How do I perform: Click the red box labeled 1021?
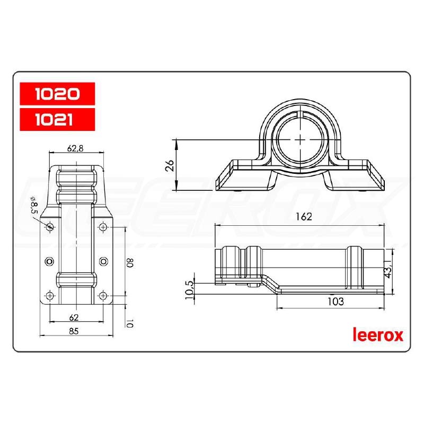(x=57, y=120)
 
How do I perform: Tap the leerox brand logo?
(x=378, y=335)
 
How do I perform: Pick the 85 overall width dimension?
(x=74, y=331)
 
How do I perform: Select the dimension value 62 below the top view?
(x=74, y=317)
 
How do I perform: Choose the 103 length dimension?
(x=335, y=302)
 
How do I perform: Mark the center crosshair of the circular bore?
(x=301, y=139)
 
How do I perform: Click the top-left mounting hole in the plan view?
(x=50, y=227)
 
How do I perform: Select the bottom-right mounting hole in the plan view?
(x=103, y=295)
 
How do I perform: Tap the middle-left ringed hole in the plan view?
(x=50, y=261)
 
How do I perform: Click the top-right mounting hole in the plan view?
(x=103, y=227)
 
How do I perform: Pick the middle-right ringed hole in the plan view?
(x=103, y=261)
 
